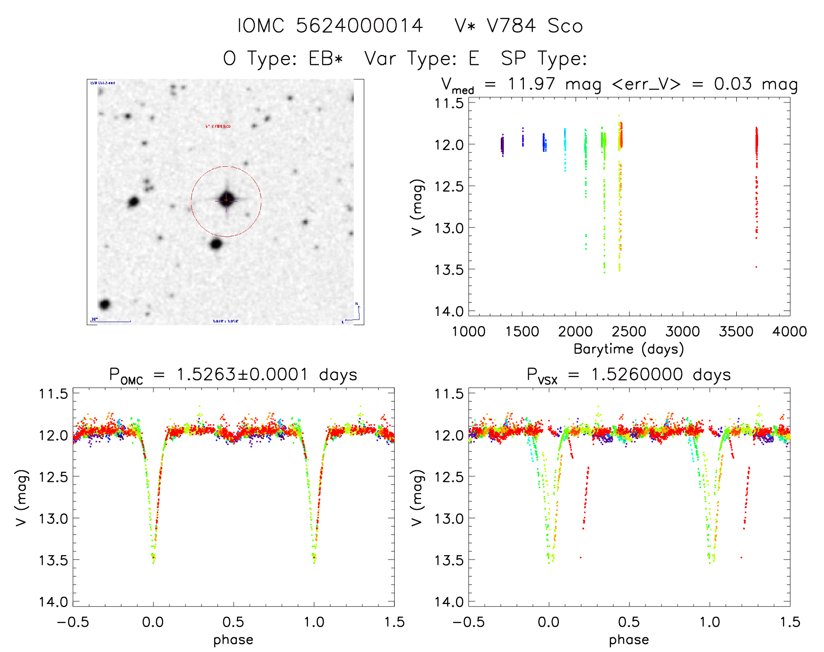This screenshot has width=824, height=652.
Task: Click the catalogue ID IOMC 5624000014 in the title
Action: click(330, 26)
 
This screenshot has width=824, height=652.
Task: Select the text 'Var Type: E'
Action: click(421, 58)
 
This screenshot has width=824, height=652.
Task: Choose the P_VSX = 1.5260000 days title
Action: click(629, 375)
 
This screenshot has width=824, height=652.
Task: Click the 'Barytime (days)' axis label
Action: click(629, 349)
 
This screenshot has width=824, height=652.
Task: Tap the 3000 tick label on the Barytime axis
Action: click(682, 332)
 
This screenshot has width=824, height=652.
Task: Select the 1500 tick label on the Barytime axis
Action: click(522, 332)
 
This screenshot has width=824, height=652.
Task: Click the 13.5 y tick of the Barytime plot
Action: click(449, 270)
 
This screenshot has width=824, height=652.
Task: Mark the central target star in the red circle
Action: click(226, 200)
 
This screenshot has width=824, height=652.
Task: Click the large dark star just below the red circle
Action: click(216, 244)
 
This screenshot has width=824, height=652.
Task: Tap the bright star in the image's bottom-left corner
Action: click(105, 304)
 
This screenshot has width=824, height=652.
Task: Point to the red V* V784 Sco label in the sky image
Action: click(218, 127)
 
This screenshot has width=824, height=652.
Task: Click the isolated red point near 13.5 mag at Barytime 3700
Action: click(756, 267)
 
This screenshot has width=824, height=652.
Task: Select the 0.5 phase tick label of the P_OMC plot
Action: click(233, 622)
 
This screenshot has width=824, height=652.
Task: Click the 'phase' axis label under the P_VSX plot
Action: click(629, 640)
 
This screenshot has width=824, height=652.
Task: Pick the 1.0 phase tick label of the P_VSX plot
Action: click(710, 622)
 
